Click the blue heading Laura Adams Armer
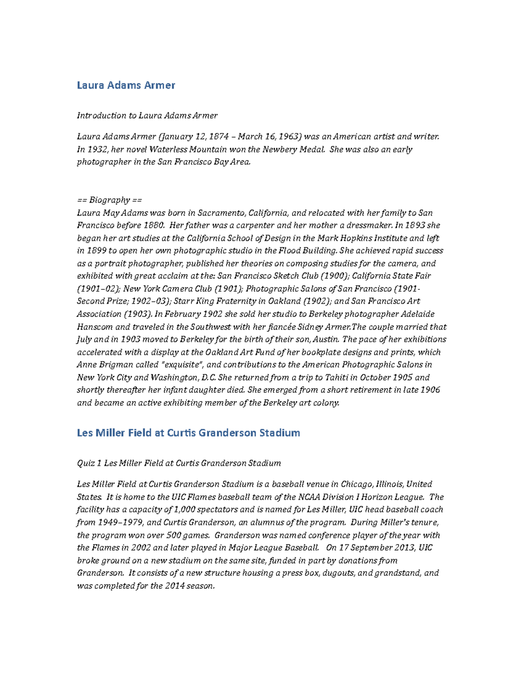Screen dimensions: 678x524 pos(126,85)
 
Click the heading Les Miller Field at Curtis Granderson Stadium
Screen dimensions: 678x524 pos(188,433)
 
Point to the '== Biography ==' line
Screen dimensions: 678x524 pos(109,200)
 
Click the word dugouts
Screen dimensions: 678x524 pos(338,573)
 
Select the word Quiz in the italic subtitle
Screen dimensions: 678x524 pos(86,463)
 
